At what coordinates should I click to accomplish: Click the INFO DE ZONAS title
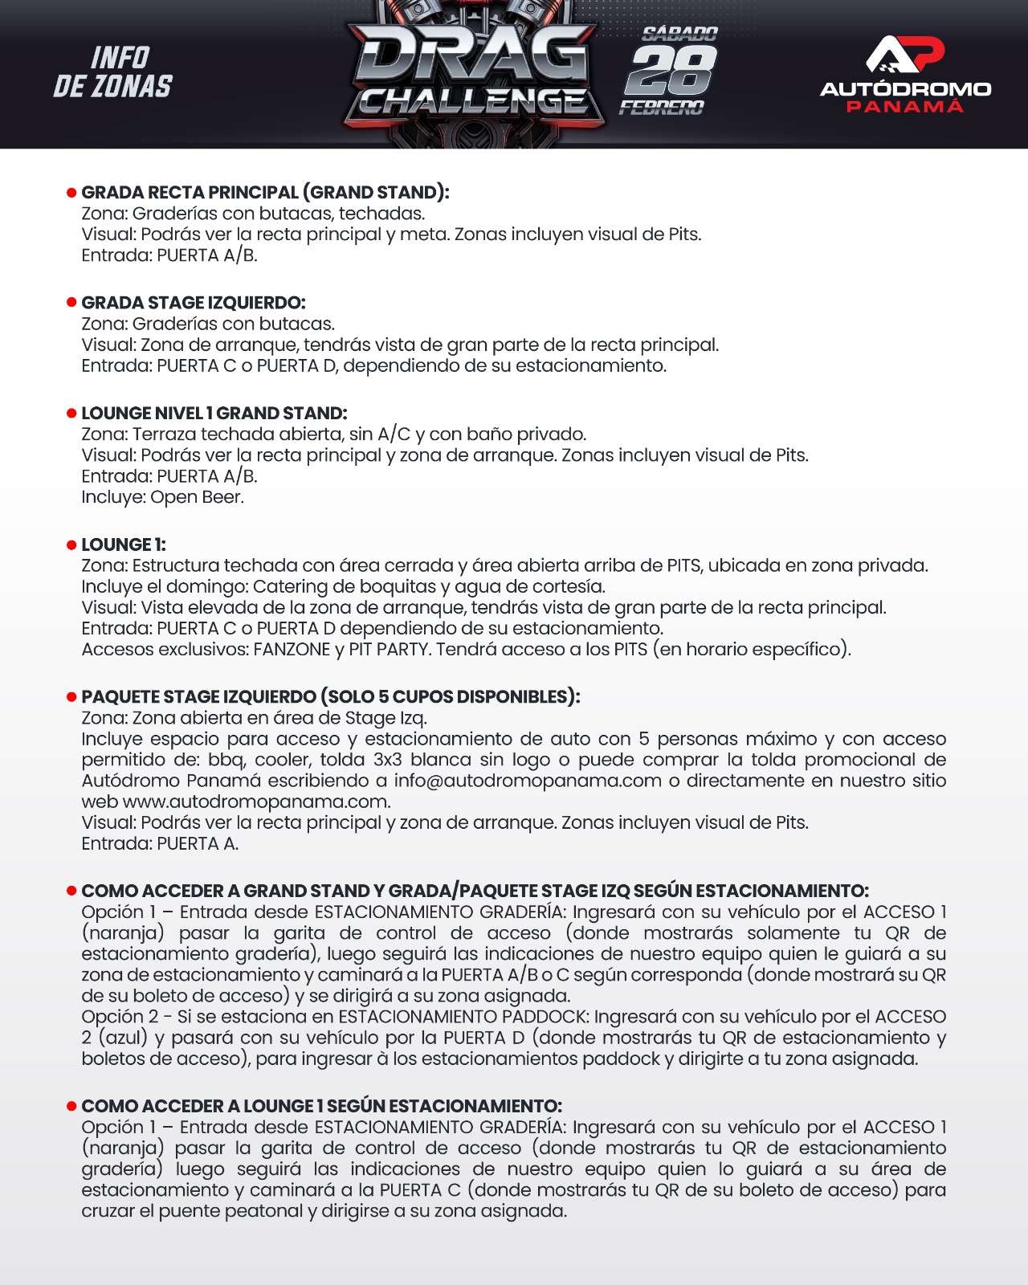(113, 72)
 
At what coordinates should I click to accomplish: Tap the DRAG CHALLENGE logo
(475, 76)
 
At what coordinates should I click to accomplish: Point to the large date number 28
(671, 70)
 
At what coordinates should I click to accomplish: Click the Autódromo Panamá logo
(905, 75)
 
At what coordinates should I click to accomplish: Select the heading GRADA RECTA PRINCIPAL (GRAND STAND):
(265, 193)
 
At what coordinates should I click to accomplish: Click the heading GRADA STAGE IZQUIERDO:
(194, 303)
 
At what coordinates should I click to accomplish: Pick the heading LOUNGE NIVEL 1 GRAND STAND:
(214, 414)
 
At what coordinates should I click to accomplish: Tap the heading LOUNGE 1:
(124, 545)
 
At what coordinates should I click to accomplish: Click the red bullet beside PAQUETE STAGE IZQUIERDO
(71, 697)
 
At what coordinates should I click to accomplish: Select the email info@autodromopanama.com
(528, 781)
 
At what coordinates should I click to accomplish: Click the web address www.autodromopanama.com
(256, 802)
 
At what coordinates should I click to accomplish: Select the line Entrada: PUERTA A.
(160, 843)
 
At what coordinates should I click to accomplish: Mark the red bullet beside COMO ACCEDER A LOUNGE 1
(71, 1107)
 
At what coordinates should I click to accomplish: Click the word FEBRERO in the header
(661, 108)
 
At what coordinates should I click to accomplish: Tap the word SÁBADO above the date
(679, 34)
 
